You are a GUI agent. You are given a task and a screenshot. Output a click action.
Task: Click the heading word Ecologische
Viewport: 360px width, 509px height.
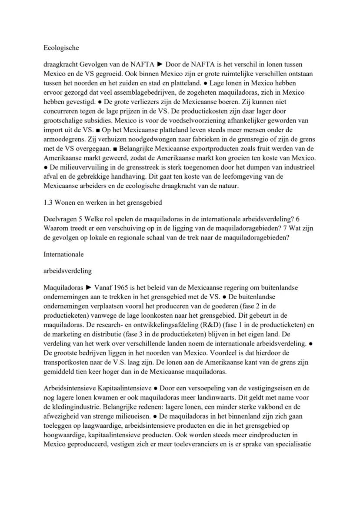(x=61, y=48)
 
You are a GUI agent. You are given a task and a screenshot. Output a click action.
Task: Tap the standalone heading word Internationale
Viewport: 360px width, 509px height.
(x=63, y=254)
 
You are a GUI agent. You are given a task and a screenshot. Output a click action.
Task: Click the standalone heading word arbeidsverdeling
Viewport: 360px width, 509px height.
(x=67, y=271)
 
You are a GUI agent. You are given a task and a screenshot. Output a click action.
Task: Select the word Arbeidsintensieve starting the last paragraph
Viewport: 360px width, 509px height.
(x=70, y=388)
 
